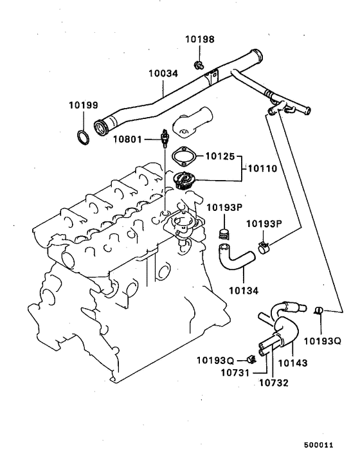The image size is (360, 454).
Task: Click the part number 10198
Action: click(x=201, y=39)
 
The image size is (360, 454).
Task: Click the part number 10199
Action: click(x=84, y=105)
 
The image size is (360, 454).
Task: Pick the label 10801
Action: click(x=127, y=139)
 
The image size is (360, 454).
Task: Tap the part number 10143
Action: click(x=292, y=363)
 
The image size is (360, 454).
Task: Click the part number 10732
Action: click(x=273, y=384)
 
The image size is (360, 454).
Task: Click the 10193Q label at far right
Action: click(x=322, y=341)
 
